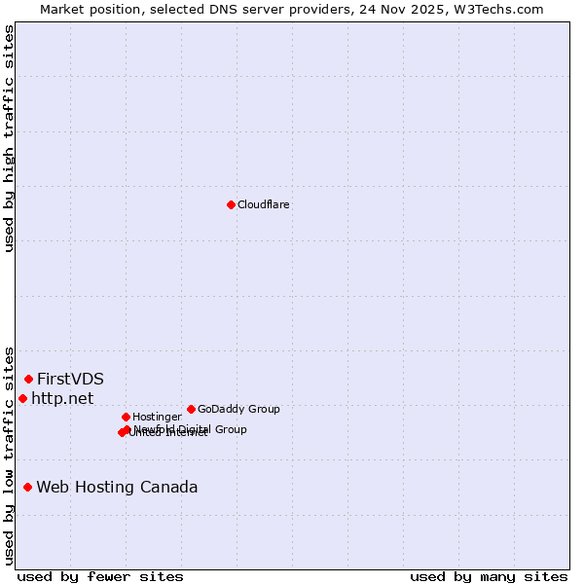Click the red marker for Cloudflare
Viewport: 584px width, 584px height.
[231, 204]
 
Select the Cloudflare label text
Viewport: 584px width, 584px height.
[263, 204]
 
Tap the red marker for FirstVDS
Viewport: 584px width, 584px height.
[29, 379]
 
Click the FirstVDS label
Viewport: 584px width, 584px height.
[70, 379]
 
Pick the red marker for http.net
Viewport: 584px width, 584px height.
[23, 398]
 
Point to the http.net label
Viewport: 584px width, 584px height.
[62, 398]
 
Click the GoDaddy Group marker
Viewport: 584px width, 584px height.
[191, 409]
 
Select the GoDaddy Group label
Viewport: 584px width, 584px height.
[238, 409]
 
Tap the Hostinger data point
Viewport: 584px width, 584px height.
[126, 417]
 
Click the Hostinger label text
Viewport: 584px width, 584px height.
[157, 417]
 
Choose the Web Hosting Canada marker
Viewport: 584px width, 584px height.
[28, 487]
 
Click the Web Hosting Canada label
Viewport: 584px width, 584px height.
[117, 487]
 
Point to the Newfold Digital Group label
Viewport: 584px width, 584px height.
[190, 428]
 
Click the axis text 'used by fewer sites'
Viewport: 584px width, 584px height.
[100, 576]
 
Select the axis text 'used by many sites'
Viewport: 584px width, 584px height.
[489, 576]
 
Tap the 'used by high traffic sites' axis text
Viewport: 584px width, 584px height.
[10, 138]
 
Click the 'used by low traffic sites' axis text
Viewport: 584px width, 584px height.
[10, 455]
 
